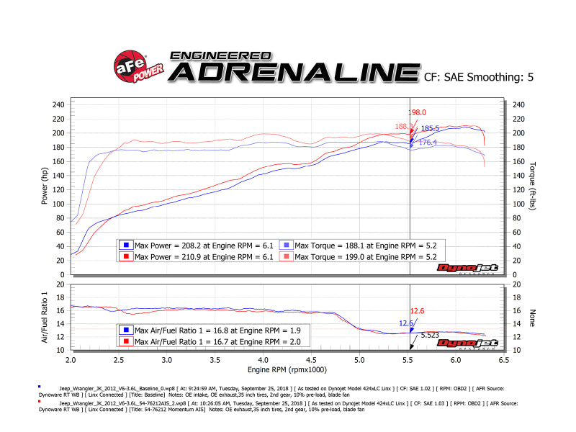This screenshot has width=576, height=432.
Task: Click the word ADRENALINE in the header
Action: pyautogui.click(x=294, y=72)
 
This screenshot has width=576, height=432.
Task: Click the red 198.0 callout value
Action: pyautogui.click(x=418, y=112)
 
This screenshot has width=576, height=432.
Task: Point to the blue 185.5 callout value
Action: pyautogui.click(x=429, y=128)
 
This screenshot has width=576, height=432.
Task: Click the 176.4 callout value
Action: pyautogui.click(x=428, y=143)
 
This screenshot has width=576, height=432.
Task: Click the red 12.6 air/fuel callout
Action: pyautogui.click(x=418, y=310)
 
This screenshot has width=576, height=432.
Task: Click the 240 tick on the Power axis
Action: pyautogui.click(x=58, y=104)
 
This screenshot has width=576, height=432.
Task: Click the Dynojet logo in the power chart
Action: pyautogui.click(x=468, y=269)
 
